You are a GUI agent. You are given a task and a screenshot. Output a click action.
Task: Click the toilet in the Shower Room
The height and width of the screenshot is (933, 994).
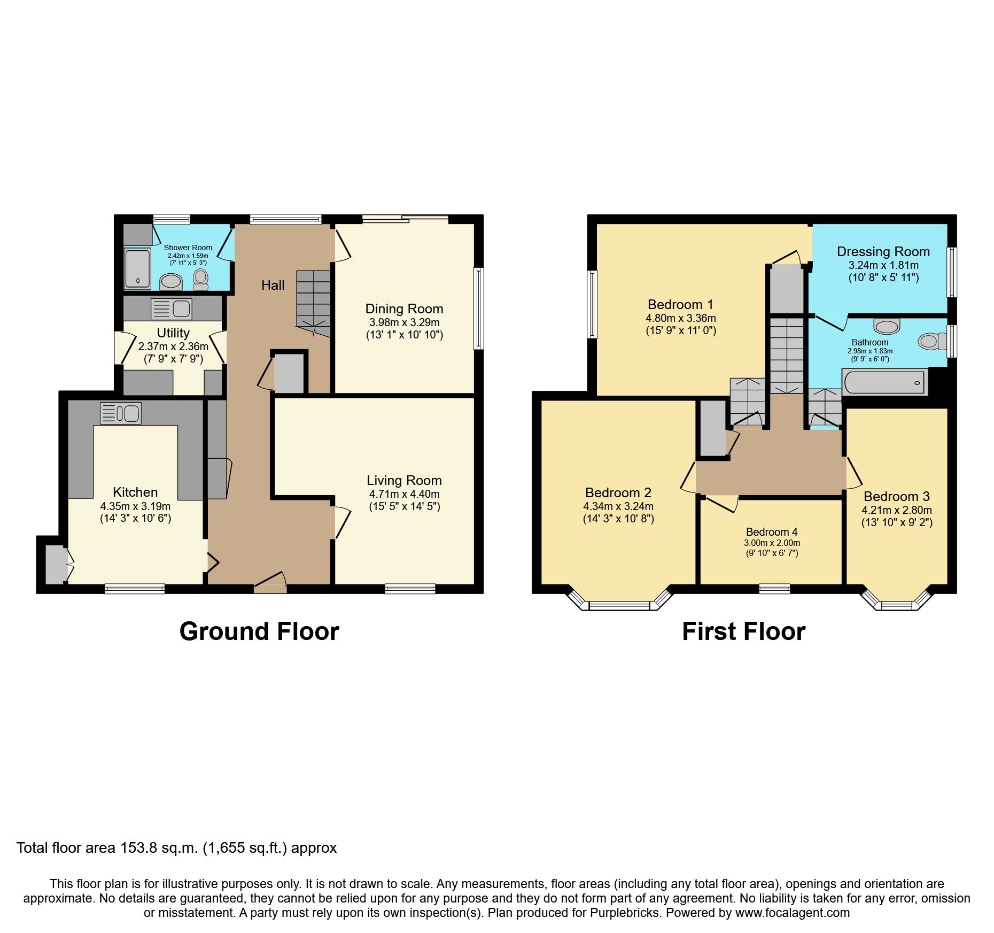[200, 279]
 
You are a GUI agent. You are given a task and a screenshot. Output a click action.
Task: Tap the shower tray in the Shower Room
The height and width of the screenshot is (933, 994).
[137, 268]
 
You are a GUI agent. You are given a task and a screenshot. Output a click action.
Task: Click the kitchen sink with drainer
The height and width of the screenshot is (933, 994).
[121, 413]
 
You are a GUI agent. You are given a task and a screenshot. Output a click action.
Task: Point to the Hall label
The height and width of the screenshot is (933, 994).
[273, 286]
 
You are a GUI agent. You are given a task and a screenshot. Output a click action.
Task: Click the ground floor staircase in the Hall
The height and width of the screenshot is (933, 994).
[314, 302]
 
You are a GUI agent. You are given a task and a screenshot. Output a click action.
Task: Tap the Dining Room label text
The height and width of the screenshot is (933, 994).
[404, 309]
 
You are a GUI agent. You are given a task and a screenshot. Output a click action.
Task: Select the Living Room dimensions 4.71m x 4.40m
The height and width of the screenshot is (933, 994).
[404, 494]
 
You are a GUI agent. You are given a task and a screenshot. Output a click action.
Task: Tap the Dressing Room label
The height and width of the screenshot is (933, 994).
[883, 252]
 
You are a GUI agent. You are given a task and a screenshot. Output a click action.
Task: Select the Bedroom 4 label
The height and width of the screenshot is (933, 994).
[772, 532]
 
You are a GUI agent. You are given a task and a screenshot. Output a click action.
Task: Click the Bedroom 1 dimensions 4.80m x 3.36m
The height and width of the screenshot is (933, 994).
[680, 318]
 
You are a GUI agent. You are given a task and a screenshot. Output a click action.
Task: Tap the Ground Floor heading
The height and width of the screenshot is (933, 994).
[259, 631]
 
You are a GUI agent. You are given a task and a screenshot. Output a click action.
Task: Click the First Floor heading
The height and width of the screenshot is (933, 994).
[743, 631]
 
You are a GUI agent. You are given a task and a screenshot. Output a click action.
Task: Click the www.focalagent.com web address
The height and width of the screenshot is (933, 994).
[792, 913]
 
